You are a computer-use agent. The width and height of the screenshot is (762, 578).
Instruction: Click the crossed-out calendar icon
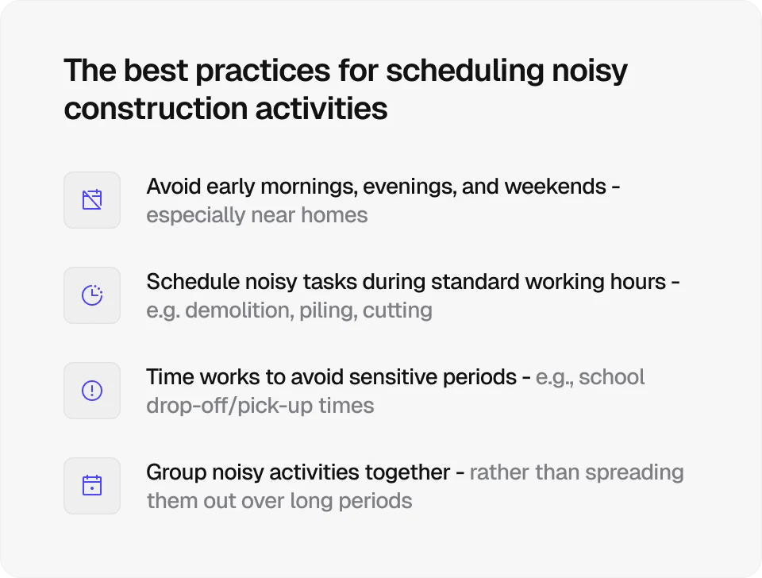click(x=92, y=200)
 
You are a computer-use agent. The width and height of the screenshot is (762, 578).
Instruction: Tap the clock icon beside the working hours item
click(x=92, y=295)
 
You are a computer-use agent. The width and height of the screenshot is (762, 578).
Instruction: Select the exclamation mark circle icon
click(x=92, y=391)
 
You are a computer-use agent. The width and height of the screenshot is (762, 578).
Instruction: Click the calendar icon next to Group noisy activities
click(x=92, y=485)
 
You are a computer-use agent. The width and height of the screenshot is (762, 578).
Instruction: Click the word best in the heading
click(x=146, y=71)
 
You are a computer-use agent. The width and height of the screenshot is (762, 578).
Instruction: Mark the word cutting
click(x=398, y=310)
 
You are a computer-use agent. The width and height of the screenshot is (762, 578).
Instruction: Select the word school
click(x=612, y=377)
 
